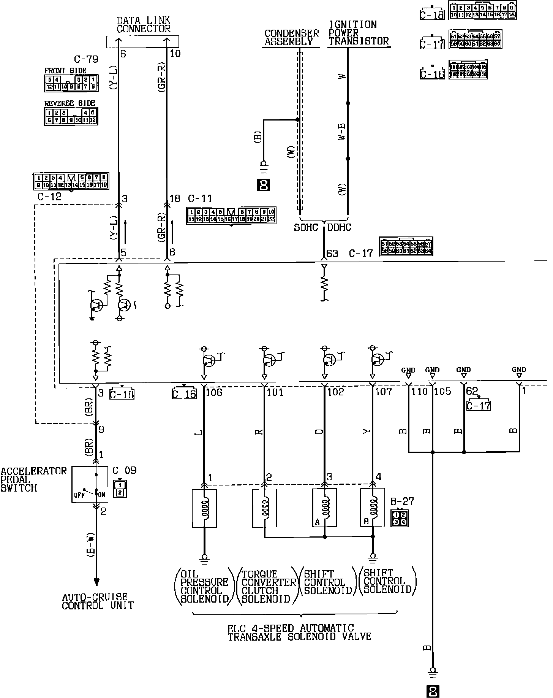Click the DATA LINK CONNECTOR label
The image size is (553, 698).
coord(143,25)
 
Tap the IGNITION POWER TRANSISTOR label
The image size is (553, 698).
coord(358,33)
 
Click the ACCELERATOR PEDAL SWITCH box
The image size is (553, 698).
coord(96,485)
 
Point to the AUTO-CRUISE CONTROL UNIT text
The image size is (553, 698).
coord(98,601)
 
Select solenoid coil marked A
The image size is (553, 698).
coord(324,508)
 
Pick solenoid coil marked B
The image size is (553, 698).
coord(373,508)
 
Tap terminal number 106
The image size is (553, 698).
coord(214,392)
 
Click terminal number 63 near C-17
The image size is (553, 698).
coord(332,253)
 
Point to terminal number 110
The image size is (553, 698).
coord(419,392)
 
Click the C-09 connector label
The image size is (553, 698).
coord(124,471)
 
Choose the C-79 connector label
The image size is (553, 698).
coord(86,59)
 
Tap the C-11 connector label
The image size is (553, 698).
coord(200,199)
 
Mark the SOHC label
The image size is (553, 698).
coord(306,227)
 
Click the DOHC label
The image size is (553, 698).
coord(339,227)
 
